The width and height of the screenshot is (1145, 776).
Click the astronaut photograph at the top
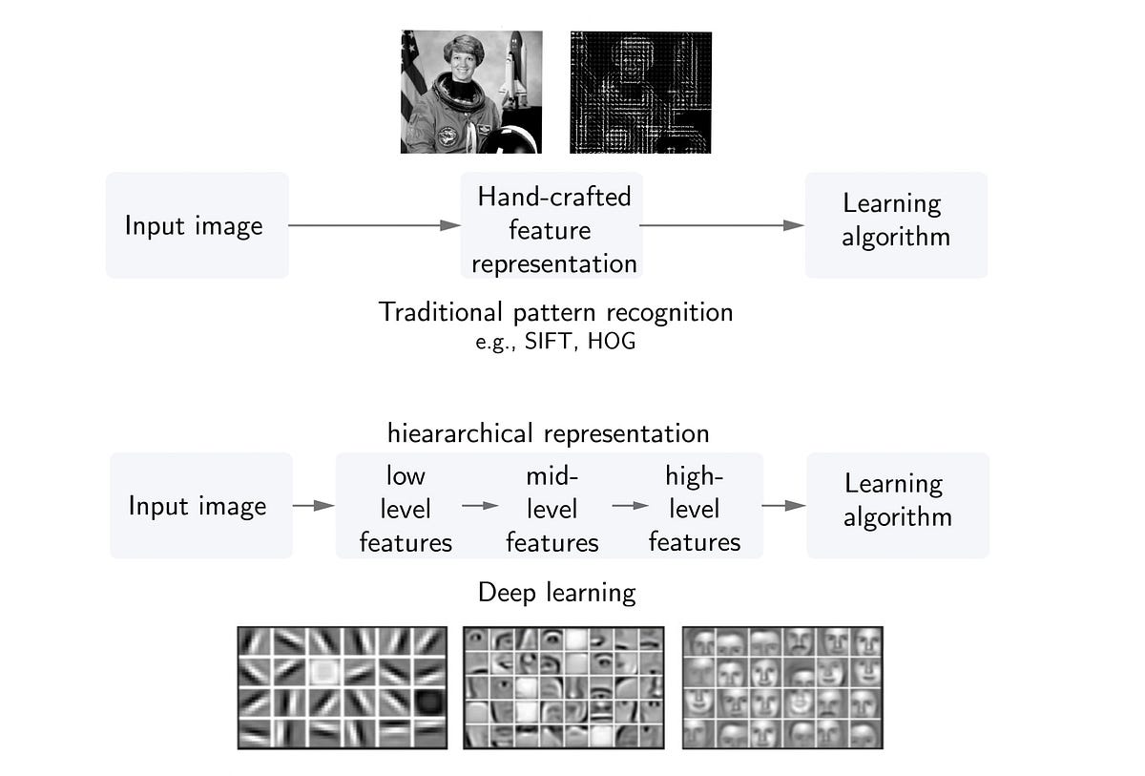[470, 92]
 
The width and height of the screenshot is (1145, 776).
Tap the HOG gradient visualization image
[640, 92]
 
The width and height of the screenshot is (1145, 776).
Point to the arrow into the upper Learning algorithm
[723, 226]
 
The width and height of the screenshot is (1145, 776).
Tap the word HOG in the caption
[612, 342]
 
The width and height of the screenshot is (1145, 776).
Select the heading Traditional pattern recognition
[556, 312]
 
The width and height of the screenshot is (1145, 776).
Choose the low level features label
[406, 509]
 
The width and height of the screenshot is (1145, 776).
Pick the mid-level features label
[552, 509]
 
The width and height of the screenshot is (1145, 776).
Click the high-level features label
[695, 509]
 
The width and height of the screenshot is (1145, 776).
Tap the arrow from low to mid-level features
[480, 506]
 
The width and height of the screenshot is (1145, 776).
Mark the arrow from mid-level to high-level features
[624, 506]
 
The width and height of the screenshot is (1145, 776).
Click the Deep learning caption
[556, 593]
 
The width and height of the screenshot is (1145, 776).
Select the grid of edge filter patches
[342, 687]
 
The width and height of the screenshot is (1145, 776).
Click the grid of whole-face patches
[782, 687]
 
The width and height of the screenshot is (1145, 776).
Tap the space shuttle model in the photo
[514, 69]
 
